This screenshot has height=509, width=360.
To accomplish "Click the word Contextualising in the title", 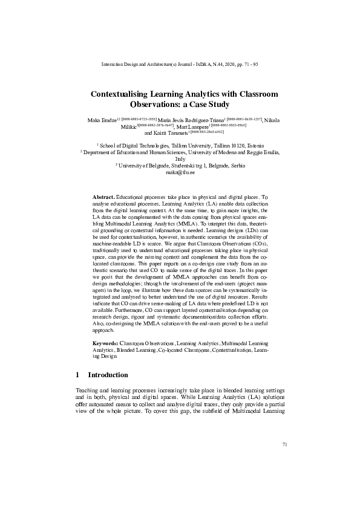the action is coord(121,94).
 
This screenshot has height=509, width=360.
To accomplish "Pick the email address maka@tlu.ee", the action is coord(180,172).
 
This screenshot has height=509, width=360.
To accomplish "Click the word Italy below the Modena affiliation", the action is coord(180,159).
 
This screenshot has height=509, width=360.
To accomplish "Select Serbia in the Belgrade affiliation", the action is coord(234,165).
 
